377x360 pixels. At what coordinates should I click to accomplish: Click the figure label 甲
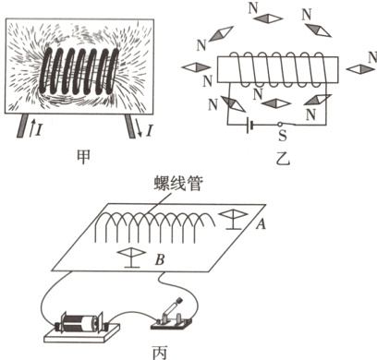click(x=83, y=157)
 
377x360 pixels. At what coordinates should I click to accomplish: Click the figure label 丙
click(x=160, y=353)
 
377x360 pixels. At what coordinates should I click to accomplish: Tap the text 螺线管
click(x=178, y=184)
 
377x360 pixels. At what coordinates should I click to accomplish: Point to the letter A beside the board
click(x=261, y=223)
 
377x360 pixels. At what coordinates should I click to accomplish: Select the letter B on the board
click(x=160, y=260)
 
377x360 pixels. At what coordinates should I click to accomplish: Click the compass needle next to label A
click(x=233, y=220)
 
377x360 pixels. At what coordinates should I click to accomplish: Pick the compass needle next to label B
click(x=132, y=258)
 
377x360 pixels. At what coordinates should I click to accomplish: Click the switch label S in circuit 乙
click(x=282, y=136)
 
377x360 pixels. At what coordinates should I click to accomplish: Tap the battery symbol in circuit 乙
click(x=249, y=125)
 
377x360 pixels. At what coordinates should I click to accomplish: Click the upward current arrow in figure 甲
click(x=31, y=128)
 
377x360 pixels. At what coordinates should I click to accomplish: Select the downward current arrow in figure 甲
click(x=139, y=129)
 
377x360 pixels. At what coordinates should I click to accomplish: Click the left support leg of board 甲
click(x=22, y=126)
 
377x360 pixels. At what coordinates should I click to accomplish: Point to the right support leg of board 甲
click(x=130, y=126)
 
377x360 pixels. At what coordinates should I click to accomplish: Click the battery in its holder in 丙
click(x=81, y=323)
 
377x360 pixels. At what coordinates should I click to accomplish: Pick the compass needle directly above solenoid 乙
click(x=268, y=18)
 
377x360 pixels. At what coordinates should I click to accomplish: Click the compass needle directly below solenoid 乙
click(x=276, y=103)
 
